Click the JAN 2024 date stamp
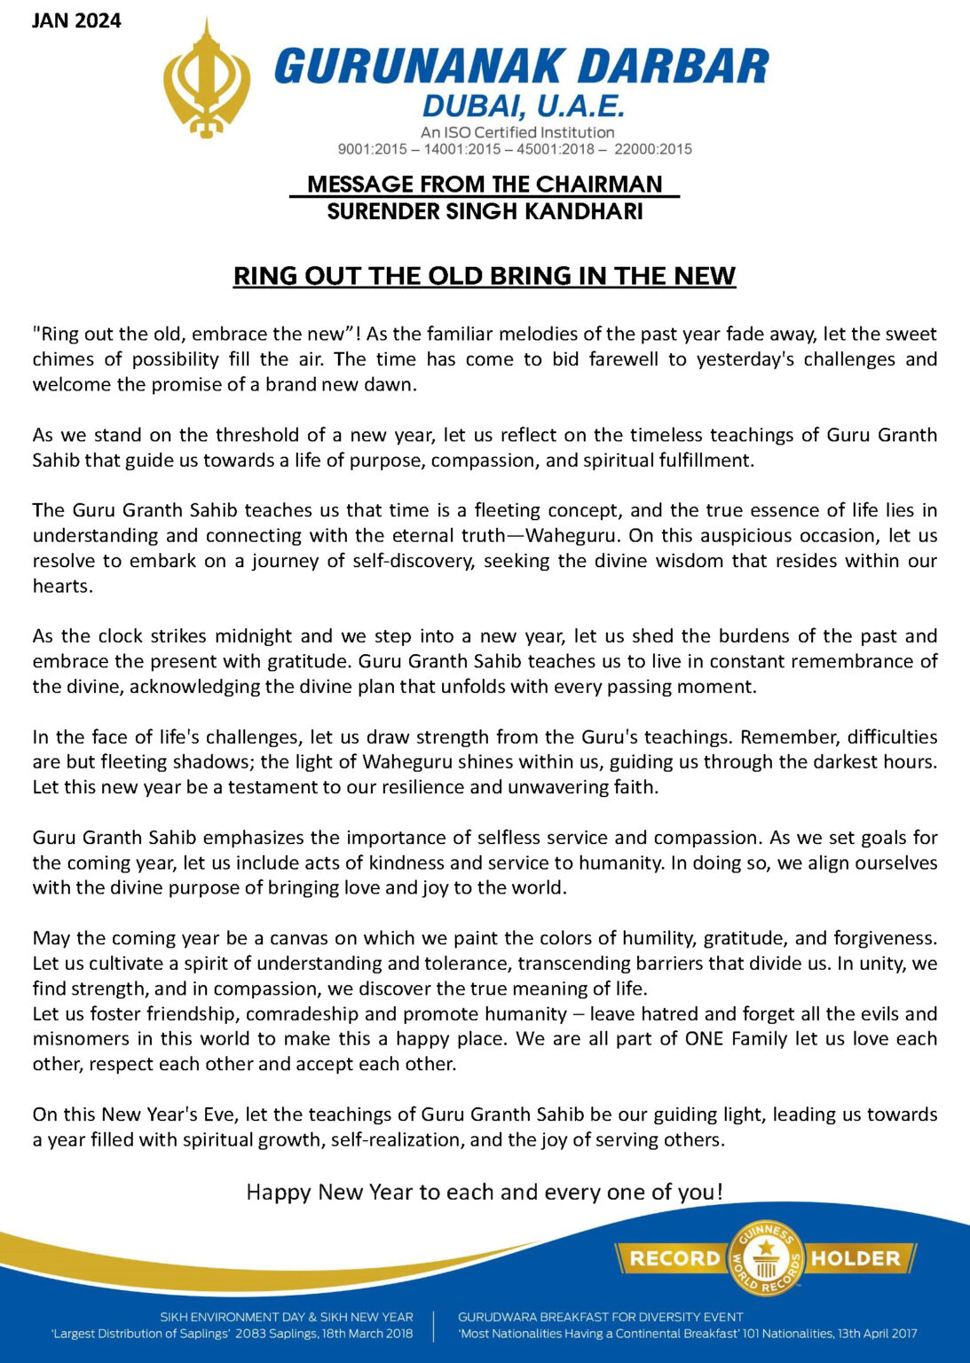point(76,20)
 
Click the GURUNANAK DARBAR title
point(521,67)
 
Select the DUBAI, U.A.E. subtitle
point(524,107)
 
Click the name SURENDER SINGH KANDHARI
point(485,211)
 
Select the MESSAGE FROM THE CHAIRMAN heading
point(485,185)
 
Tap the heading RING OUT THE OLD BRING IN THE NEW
point(485,276)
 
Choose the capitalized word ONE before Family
point(705,1038)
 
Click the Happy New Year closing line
point(485,1192)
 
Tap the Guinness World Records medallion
point(765,1257)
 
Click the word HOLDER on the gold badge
point(856,1258)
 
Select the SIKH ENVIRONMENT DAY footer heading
point(286,1317)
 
